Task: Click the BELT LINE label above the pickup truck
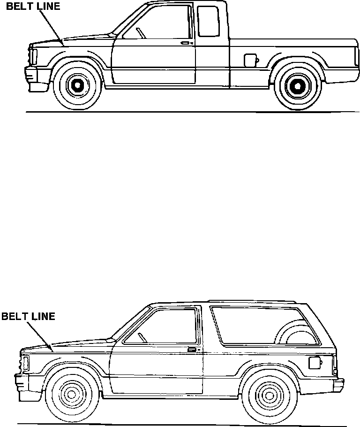point(33,7)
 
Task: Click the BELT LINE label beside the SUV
point(28,316)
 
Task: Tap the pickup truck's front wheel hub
point(75,85)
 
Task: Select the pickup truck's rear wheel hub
point(296,85)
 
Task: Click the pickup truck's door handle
point(186,43)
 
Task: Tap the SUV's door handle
point(192,349)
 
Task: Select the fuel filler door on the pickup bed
point(251,60)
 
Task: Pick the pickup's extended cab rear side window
point(209,22)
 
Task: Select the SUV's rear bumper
point(338,384)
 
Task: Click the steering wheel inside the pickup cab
point(140,33)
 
